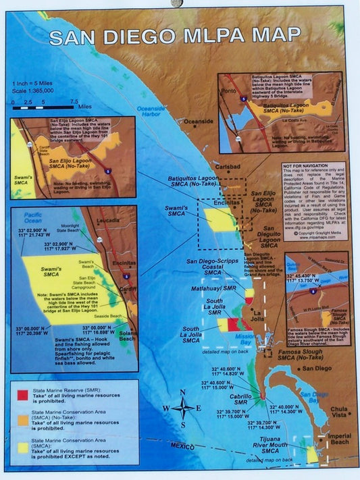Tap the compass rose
[x=183, y=408]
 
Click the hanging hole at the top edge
[x=178, y=3]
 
